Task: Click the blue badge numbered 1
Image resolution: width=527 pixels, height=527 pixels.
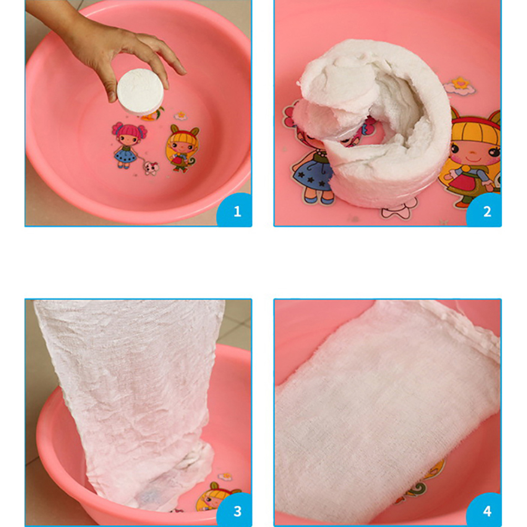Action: [236, 211]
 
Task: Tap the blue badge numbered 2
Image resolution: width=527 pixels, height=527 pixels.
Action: [486, 211]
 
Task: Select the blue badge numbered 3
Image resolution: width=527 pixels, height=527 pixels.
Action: [236, 510]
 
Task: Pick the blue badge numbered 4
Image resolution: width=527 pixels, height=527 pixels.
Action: [486, 510]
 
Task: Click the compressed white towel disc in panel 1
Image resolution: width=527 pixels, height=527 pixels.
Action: [140, 92]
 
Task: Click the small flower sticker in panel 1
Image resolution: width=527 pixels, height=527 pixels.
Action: [181, 116]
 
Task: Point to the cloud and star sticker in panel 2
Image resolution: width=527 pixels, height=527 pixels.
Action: [460, 85]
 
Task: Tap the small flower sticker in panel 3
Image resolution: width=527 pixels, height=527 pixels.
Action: [225, 477]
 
